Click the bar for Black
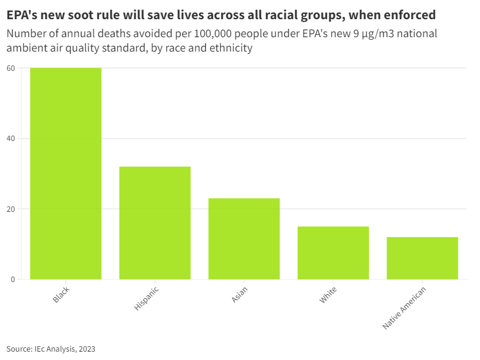(x=65, y=173)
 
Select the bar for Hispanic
(x=155, y=223)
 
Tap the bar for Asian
(x=244, y=239)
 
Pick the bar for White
(x=333, y=253)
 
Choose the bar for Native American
(x=422, y=258)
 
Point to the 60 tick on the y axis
(x=11, y=68)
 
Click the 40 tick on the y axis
(x=11, y=139)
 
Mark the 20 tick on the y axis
(x=11, y=209)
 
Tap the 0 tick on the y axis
(x=13, y=280)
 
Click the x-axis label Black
(x=61, y=294)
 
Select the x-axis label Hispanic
(x=146, y=298)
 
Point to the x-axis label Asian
(x=239, y=295)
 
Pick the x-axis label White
(x=328, y=295)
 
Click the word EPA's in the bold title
(x=23, y=14)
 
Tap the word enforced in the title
(x=409, y=14)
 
